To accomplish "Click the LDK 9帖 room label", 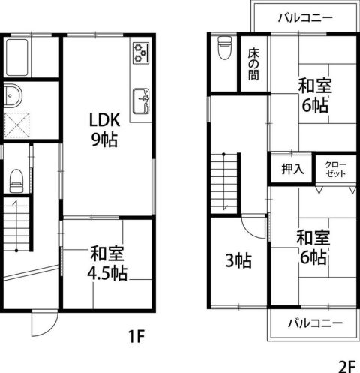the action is pyautogui.click(x=104, y=130).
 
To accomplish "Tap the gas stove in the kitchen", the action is pyautogui.click(x=141, y=53).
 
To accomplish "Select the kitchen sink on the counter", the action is pyautogui.click(x=141, y=101).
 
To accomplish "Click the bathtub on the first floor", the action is pyautogui.click(x=17, y=57).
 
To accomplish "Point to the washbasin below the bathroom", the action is pyautogui.click(x=13, y=95).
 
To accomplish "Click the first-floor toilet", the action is pyautogui.click(x=16, y=181).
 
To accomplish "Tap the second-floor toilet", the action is pyautogui.click(x=224, y=47).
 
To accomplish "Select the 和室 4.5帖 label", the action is pyautogui.click(x=107, y=263).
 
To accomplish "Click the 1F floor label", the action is pyautogui.click(x=136, y=336).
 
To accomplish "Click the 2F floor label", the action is pyautogui.click(x=347, y=366).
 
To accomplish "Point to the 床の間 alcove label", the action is pyautogui.click(x=253, y=64).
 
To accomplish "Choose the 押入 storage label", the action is pyautogui.click(x=292, y=169).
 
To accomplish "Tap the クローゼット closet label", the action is pyautogui.click(x=336, y=169).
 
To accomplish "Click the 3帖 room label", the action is pyautogui.click(x=238, y=260).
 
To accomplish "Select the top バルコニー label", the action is pyautogui.click(x=305, y=17).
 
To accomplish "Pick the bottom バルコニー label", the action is pyautogui.click(x=315, y=323).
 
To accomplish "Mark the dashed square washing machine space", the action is pyautogui.click(x=17, y=125).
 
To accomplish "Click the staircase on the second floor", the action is pyautogui.click(x=224, y=184).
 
